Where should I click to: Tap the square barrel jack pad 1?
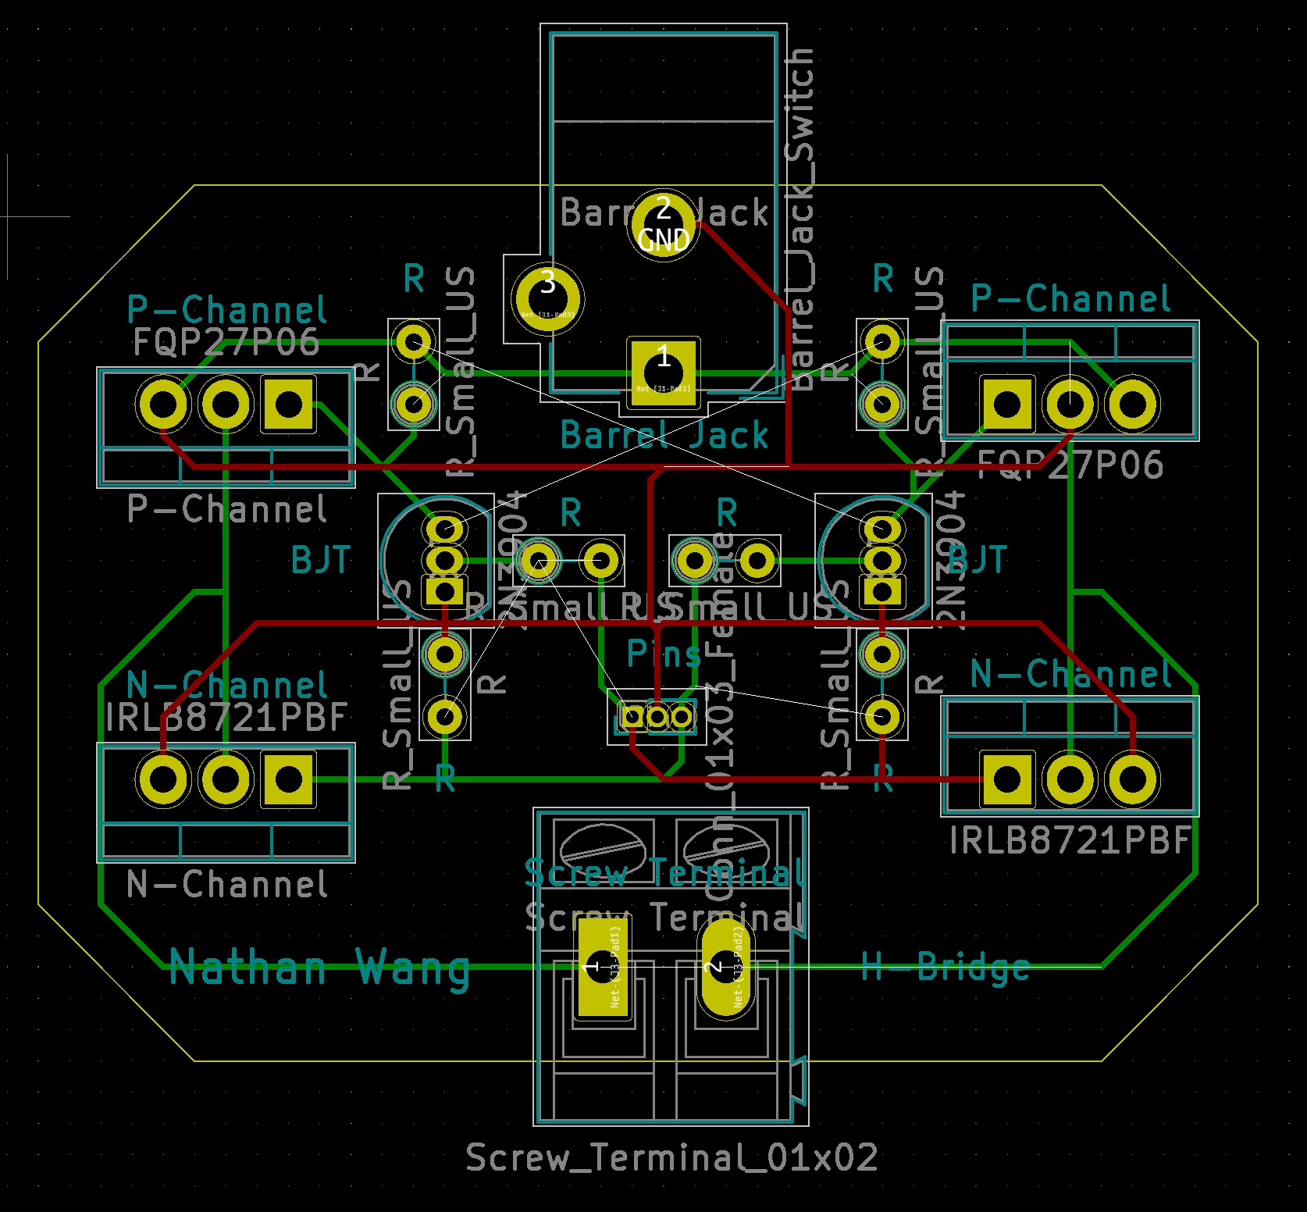tap(663, 373)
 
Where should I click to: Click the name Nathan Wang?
tap(319, 968)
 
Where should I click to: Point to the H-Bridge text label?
tap(945, 967)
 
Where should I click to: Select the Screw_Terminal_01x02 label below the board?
tap(671, 1157)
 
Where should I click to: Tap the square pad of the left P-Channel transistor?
tap(288, 405)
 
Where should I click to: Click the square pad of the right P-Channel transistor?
tap(1006, 405)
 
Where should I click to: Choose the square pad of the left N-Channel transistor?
tap(288, 779)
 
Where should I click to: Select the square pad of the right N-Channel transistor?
tap(1006, 779)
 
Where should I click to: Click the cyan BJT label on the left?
tap(320, 560)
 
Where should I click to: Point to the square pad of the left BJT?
tap(444, 591)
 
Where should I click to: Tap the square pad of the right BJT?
tap(881, 591)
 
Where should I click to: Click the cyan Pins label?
tap(664, 654)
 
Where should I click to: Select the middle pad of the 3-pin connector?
tap(657, 716)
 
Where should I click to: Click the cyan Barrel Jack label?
tap(664, 435)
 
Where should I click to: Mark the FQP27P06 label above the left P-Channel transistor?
tap(226, 342)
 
